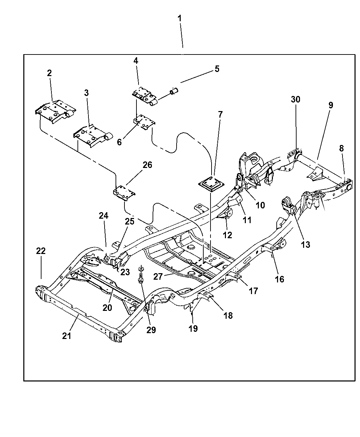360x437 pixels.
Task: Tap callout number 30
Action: pos(296,99)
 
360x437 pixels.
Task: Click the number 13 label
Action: pos(305,244)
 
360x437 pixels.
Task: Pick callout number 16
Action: pos(279,279)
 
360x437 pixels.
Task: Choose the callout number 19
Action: pos(193,328)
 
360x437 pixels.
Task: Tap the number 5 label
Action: pos(217,69)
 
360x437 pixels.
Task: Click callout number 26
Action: pos(147,165)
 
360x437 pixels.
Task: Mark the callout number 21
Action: pos(67,336)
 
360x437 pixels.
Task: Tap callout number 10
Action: pos(260,205)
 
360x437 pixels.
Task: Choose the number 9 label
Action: pos(331,105)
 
